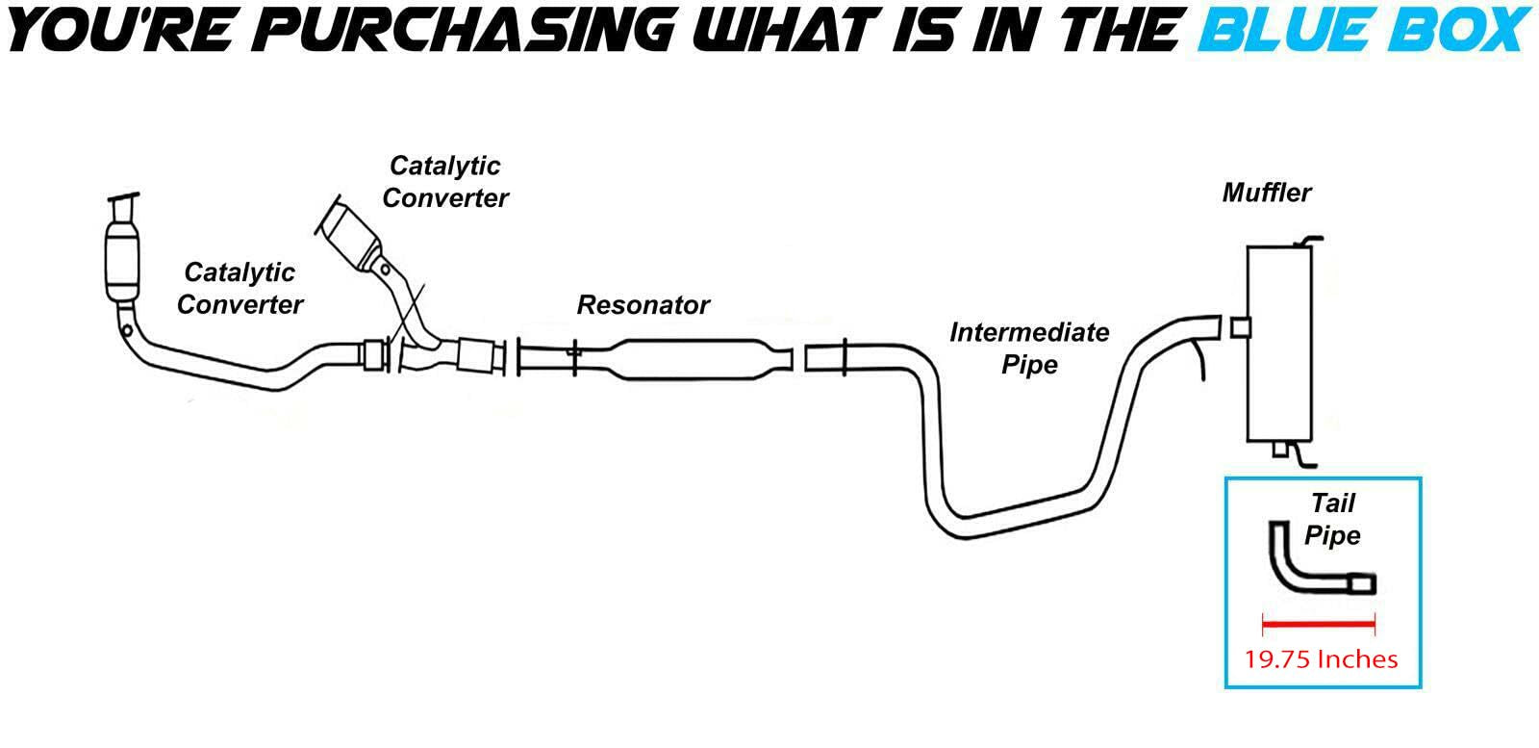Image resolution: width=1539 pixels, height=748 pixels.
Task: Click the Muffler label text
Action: (1266, 193)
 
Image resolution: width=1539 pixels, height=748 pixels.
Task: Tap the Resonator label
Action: (643, 305)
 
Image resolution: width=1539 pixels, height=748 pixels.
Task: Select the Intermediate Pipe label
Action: (1028, 348)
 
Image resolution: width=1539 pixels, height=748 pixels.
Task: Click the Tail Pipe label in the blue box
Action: (1332, 519)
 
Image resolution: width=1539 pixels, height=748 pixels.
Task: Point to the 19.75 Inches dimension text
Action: (1321, 659)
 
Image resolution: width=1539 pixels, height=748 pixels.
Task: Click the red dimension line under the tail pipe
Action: (1318, 625)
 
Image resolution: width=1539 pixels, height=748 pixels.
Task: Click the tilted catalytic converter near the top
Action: (350, 236)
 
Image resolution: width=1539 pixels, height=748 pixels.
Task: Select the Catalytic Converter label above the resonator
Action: (444, 181)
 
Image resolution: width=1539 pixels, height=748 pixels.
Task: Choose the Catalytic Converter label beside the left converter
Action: (240, 288)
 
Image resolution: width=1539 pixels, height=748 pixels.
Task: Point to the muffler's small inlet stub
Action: (1240, 327)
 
